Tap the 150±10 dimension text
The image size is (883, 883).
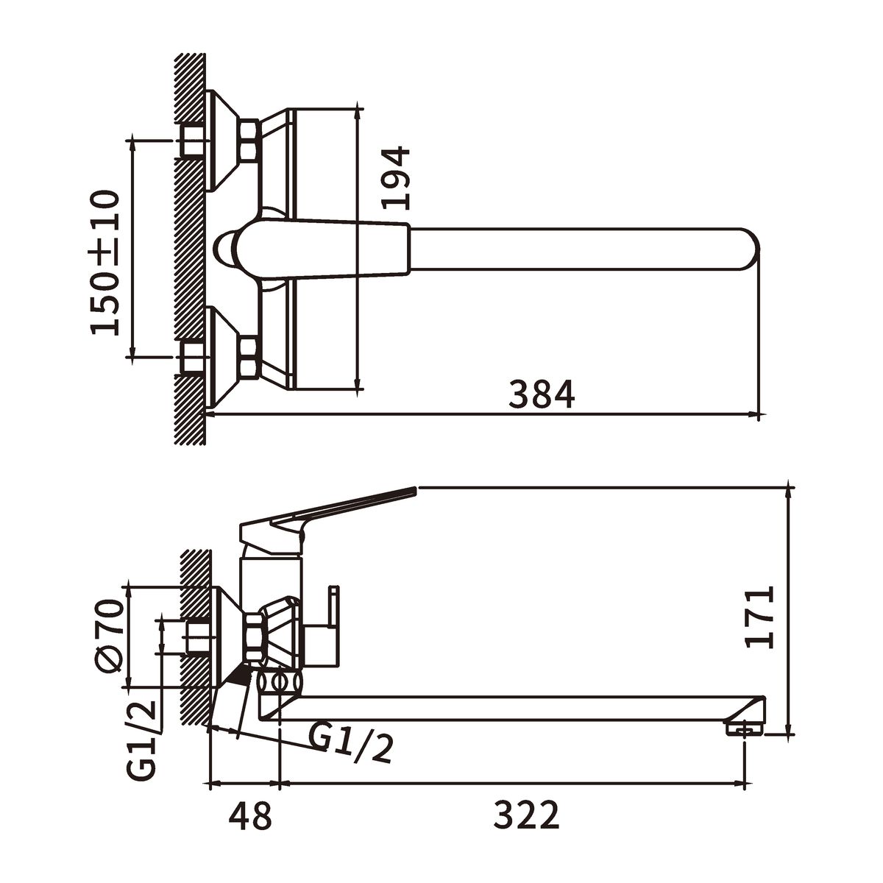[105, 263]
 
